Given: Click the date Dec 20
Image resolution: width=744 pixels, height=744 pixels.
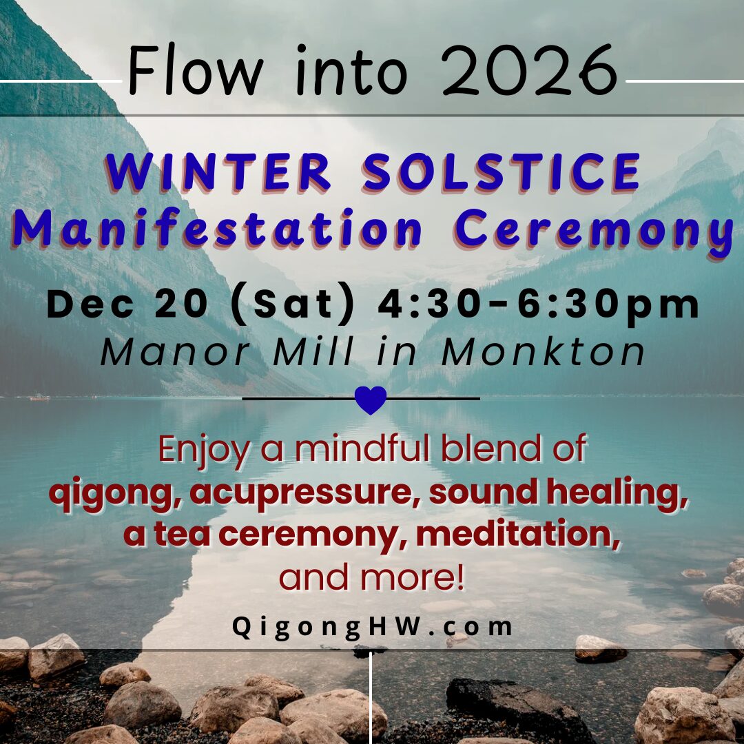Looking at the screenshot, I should (x=127, y=304).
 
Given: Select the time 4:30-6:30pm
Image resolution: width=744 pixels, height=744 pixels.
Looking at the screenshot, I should (x=539, y=304).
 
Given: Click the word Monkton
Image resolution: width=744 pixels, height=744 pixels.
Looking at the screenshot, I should (x=544, y=352).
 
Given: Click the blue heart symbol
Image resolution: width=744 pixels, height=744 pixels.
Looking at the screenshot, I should (x=371, y=400).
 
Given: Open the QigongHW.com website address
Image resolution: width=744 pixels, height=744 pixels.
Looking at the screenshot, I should (x=373, y=627).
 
